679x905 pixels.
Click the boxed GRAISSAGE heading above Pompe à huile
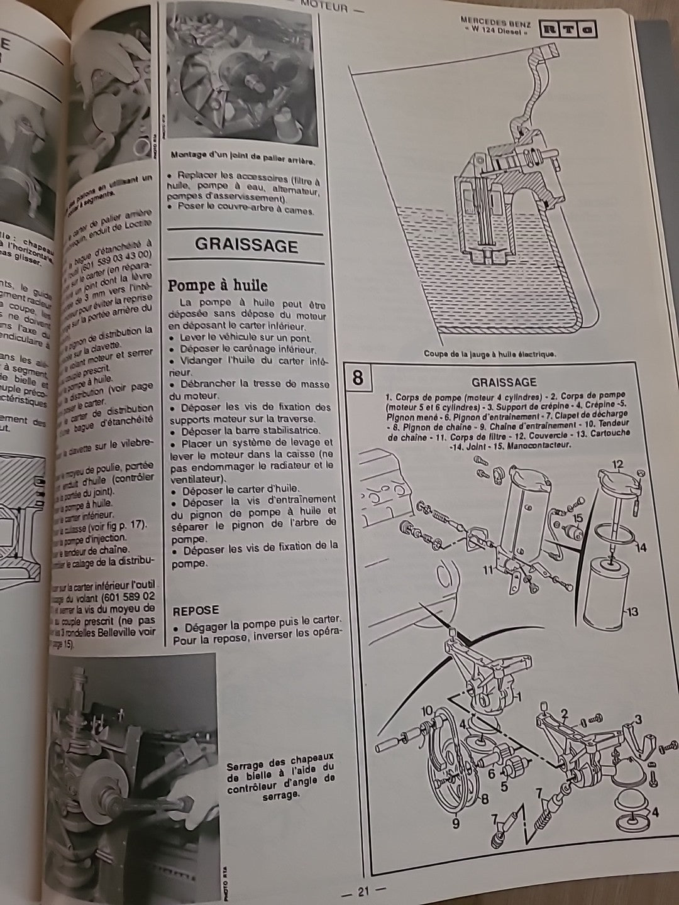coord(246,244)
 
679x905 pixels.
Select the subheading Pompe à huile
coord(217,285)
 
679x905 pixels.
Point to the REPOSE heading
coord(196,610)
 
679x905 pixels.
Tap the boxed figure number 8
coord(358,378)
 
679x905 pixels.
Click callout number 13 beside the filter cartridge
coord(632,611)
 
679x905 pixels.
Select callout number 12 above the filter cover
coord(617,464)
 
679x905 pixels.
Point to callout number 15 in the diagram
coord(578,517)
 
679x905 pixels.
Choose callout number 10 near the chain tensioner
coord(427,711)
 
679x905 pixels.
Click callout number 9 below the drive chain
coord(455,822)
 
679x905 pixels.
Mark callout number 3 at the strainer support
coord(638,720)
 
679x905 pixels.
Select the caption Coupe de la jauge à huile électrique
coord(489,354)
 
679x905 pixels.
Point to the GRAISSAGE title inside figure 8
coord(504,382)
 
